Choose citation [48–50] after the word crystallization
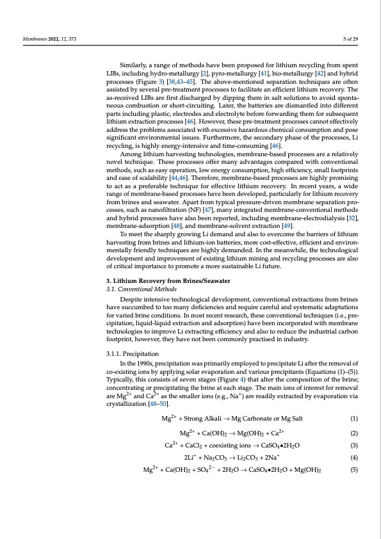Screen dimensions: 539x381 [x=157, y=405]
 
